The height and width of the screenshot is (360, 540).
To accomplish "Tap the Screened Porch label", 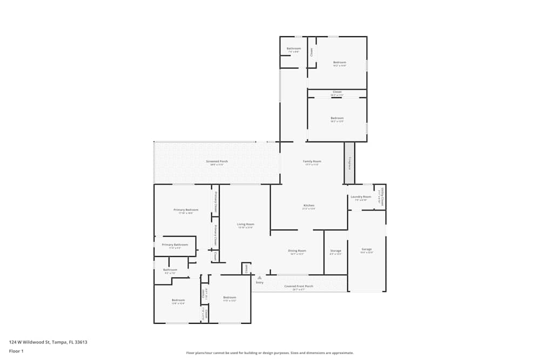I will tap(217, 161).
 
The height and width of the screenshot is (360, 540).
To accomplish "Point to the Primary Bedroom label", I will tap(186, 210).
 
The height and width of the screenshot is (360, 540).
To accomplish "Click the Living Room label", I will tap(246, 225).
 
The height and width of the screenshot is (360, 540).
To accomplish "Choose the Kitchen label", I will tap(309, 206).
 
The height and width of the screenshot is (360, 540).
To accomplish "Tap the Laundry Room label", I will tap(361, 197).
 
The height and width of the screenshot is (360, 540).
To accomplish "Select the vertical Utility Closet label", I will tap(382, 197).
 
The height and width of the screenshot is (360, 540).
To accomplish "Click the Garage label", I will tap(366, 249).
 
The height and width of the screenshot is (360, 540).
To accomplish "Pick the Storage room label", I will tap(335, 251).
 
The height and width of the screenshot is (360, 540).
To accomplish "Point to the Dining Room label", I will tap(297, 251).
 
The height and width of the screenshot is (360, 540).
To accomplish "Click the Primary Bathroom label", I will tap(175, 245).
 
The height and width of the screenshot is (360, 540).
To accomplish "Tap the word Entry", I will tap(260, 282).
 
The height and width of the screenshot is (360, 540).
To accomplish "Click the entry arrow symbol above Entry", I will tap(260, 277).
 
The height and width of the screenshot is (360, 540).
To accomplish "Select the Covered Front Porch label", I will tap(299, 287).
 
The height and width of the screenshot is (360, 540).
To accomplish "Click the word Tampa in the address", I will tap(59, 342).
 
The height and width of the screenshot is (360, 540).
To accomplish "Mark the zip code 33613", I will tap(81, 342).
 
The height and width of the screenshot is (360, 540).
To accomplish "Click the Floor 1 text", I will tap(16, 351).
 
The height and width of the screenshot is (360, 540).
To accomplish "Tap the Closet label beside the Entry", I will tap(246, 268).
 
